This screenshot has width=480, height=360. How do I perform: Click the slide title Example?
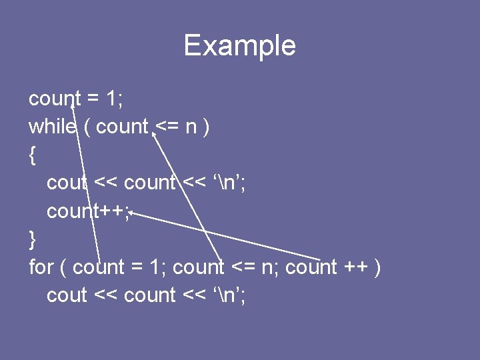pos(239,46)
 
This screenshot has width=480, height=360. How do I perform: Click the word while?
pos(52,127)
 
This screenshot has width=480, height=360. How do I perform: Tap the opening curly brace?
pos(32,155)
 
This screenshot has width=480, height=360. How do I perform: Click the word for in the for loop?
pos(41,267)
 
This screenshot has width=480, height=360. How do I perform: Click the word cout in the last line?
pos(67,295)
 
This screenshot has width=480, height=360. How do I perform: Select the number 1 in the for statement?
pos(155,267)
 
